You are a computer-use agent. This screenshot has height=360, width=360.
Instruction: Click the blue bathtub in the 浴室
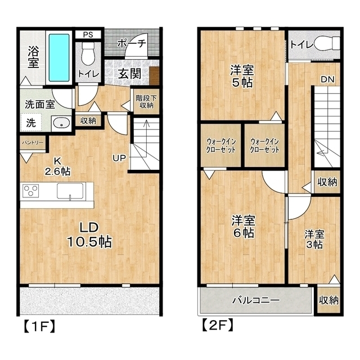tap(59, 57)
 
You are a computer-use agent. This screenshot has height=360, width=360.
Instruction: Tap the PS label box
tap(88, 35)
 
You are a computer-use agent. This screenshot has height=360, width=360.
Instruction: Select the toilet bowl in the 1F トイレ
tap(88, 55)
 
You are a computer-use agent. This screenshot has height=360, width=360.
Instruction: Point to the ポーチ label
tap(132, 43)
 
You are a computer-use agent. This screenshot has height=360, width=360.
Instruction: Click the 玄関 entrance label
tap(130, 74)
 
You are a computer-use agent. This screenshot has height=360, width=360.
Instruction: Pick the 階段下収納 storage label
tap(146, 102)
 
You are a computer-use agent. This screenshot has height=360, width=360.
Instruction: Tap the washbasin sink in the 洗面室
tap(61, 123)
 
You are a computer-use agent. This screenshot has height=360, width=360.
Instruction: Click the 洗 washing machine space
tap(31, 123)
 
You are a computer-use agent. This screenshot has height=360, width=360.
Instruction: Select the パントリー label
tap(33, 142)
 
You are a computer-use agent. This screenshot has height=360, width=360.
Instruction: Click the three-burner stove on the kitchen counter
tap(31, 191)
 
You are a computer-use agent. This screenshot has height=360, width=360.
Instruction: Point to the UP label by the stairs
tap(119, 158)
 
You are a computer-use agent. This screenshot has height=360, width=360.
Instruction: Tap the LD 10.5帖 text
tap(89, 235)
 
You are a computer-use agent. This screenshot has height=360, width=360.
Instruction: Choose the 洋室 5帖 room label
tap(242, 76)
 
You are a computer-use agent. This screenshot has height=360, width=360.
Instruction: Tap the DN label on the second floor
tap(327, 79)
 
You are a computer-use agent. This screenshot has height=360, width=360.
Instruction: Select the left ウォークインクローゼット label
tap(221, 146)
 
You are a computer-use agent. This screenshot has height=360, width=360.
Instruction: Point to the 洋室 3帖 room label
tap(314, 240)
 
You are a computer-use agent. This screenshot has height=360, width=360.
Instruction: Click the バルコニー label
tap(256, 300)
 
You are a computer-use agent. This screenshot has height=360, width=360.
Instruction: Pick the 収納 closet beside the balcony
tap(328, 300)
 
